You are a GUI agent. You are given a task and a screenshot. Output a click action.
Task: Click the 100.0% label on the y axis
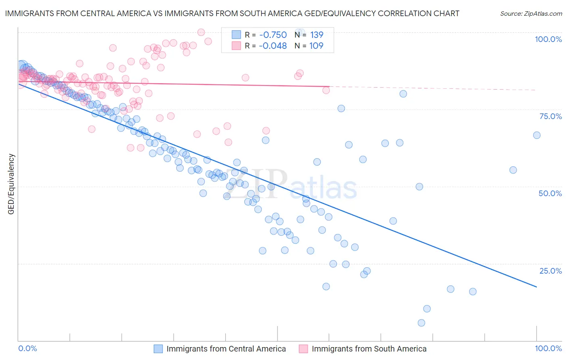548,39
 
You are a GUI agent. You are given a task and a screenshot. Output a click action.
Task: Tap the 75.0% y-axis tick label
550,116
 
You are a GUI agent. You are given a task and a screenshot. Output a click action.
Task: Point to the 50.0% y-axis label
550,193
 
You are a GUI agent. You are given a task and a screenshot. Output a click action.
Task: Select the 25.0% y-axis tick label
550,270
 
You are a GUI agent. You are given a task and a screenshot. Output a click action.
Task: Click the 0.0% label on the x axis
27,348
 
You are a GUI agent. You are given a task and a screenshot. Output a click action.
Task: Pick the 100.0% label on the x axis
548,348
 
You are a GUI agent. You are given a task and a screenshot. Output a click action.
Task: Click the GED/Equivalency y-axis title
11,184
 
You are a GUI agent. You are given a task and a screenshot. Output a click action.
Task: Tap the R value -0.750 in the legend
273,35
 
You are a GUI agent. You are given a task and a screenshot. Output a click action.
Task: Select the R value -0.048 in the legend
273,46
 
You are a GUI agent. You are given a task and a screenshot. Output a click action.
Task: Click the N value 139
317,35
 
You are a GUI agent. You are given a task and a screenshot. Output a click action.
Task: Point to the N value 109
316,46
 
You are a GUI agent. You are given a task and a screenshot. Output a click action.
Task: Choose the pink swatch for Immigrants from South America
303,349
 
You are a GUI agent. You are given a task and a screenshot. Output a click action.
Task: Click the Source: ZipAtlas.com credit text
531,14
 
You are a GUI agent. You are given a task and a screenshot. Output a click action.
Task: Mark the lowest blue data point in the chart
421,323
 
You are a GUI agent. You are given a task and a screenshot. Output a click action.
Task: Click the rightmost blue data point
537,135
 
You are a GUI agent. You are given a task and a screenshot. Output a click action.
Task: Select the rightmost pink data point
326,90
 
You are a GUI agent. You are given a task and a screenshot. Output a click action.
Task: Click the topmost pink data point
201,32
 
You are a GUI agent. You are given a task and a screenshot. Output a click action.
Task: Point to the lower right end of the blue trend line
536,287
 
